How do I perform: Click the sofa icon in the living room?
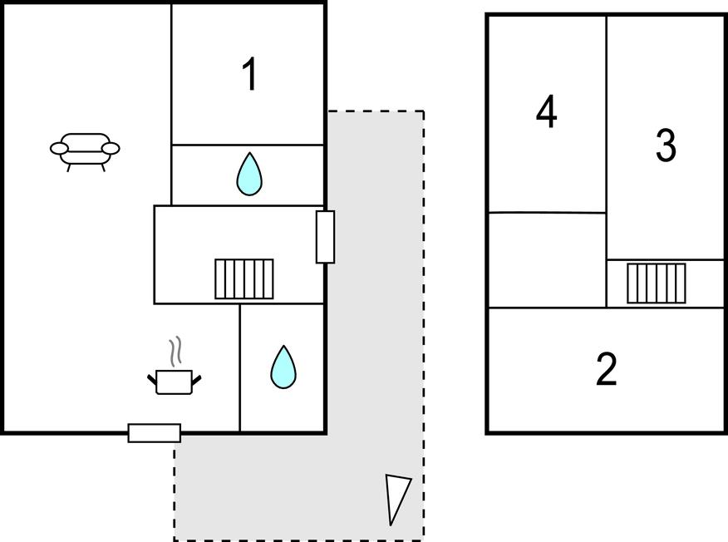pyautogui.click(x=85, y=150)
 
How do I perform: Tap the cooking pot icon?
pyautogui.click(x=175, y=382)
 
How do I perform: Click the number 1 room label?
pyautogui.click(x=249, y=76)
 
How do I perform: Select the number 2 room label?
pyautogui.click(x=607, y=370)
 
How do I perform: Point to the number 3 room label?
pyautogui.click(x=666, y=145)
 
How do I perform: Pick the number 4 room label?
pyautogui.click(x=546, y=112)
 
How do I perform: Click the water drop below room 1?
pyautogui.click(x=249, y=175)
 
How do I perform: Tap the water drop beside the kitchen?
pyautogui.click(x=283, y=367)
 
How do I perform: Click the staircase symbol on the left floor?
pyautogui.click(x=244, y=278)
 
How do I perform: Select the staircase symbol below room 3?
pyautogui.click(x=657, y=283)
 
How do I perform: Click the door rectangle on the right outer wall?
pyautogui.click(x=326, y=237)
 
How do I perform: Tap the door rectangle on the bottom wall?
pyautogui.click(x=155, y=432)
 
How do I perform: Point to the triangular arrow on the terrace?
pyautogui.click(x=397, y=498)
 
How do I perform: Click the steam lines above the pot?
pyautogui.click(x=175, y=352)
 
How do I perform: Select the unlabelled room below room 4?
pyautogui.click(x=546, y=259)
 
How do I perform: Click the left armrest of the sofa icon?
pyautogui.click(x=59, y=149)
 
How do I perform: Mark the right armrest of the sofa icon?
pyautogui.click(x=111, y=149)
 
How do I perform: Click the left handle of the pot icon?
pyautogui.click(x=152, y=380)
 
